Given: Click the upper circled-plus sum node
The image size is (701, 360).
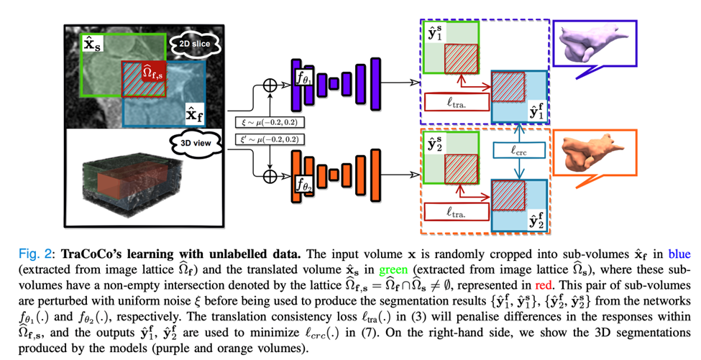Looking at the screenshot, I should [271, 85].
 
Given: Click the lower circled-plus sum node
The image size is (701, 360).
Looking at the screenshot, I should [271, 173].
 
